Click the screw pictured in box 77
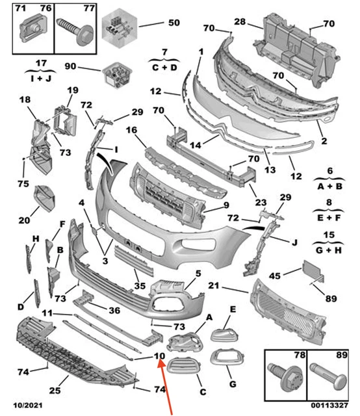click(x=73, y=30)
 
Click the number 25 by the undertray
click(x=55, y=390)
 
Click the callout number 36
click(x=114, y=309)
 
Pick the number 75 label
click(x=23, y=184)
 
